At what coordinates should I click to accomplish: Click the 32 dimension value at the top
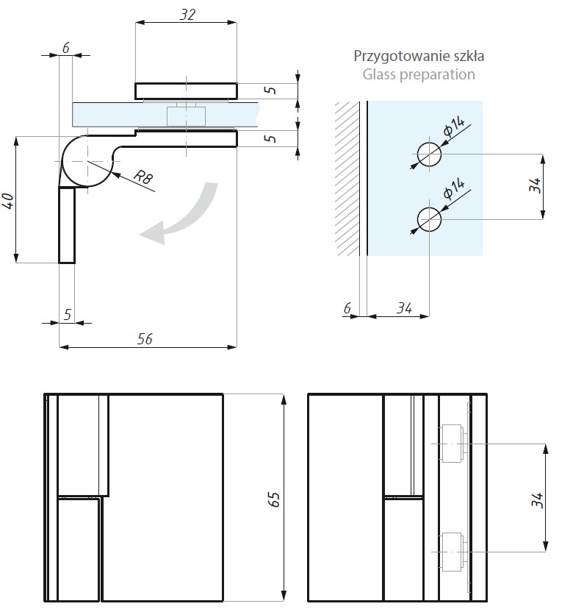coord(187,14)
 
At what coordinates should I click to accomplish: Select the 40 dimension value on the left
coord(8,200)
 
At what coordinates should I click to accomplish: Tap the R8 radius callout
coord(143,177)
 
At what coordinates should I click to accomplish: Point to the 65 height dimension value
coord(273,499)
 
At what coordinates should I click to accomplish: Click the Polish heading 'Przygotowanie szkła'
coord(419,55)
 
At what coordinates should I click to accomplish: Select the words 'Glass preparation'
coord(419,74)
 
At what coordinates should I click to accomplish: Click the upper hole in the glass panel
coord(429,154)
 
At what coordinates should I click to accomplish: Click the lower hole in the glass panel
coord(429,218)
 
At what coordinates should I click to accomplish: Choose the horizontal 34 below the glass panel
coord(403,308)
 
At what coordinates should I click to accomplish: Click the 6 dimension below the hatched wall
coord(347,308)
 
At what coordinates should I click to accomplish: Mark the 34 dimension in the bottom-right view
coord(537,500)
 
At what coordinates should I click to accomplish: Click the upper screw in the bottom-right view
coord(452,444)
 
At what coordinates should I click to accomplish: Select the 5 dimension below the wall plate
coord(67,314)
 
